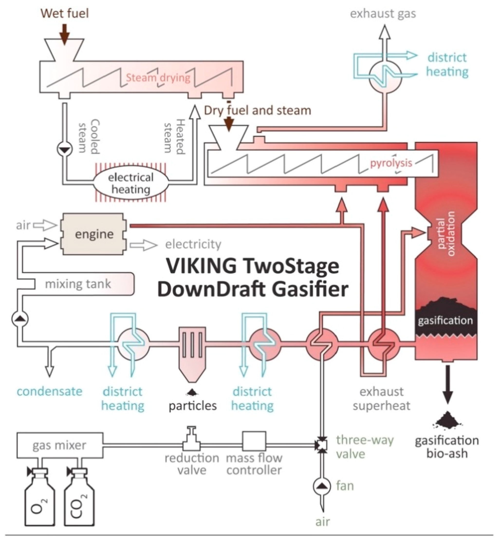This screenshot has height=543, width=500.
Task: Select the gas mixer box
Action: click(60, 445)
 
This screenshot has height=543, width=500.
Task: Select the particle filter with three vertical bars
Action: click(192, 349)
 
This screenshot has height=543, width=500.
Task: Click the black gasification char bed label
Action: click(445, 321)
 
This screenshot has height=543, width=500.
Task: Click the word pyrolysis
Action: click(391, 163)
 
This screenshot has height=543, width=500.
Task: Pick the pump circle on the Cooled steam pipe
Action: click(65, 149)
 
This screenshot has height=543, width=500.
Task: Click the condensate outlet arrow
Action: click(49, 370)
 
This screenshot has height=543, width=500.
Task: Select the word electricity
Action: click(193, 244)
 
